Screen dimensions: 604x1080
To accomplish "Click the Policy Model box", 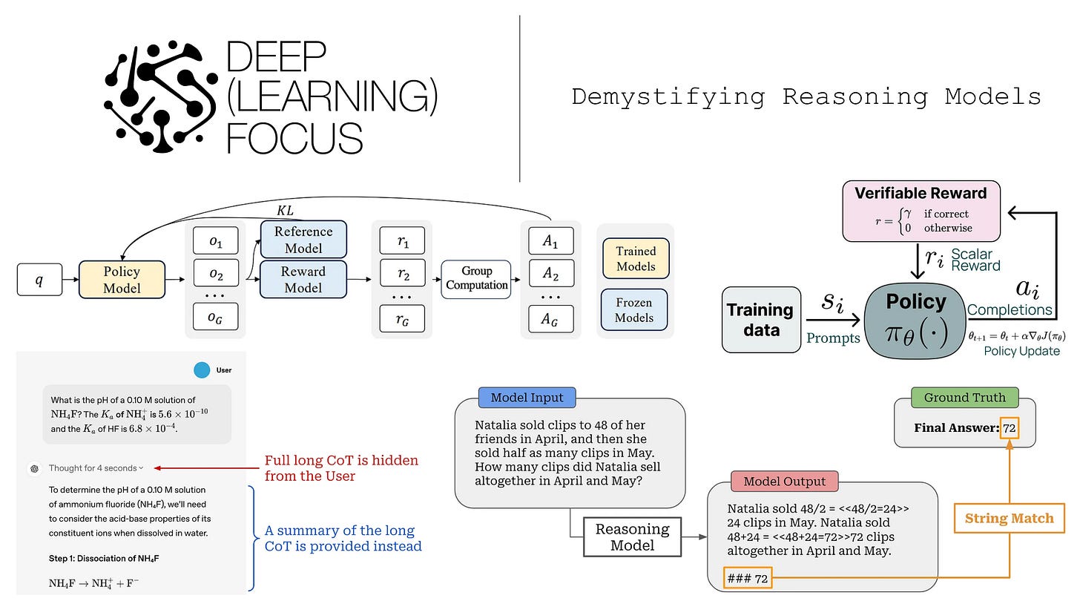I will (x=122, y=280).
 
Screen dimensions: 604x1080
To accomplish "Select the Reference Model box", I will (x=303, y=240).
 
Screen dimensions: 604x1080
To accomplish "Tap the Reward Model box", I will (x=303, y=280).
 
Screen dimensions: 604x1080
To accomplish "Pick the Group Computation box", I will (x=476, y=279).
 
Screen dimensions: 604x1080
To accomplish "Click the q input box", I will (x=39, y=280).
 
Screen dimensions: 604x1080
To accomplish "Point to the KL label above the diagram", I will (x=285, y=211).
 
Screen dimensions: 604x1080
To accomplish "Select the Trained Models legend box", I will (x=636, y=259).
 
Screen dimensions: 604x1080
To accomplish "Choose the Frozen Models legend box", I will (x=635, y=310).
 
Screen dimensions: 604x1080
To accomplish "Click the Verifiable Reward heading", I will (x=921, y=194).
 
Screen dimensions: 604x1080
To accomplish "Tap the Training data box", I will (x=761, y=320).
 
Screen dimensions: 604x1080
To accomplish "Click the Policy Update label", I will (x=1021, y=351).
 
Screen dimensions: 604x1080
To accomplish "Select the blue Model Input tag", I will (x=527, y=398).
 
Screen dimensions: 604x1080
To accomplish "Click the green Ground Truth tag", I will (x=965, y=397).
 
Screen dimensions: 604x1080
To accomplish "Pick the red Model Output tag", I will (x=785, y=481).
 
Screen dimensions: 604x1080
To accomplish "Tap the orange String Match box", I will (x=1009, y=519).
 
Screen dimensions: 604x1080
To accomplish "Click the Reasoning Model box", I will (x=633, y=536).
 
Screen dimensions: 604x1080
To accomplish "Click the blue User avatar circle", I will (x=201, y=370).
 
